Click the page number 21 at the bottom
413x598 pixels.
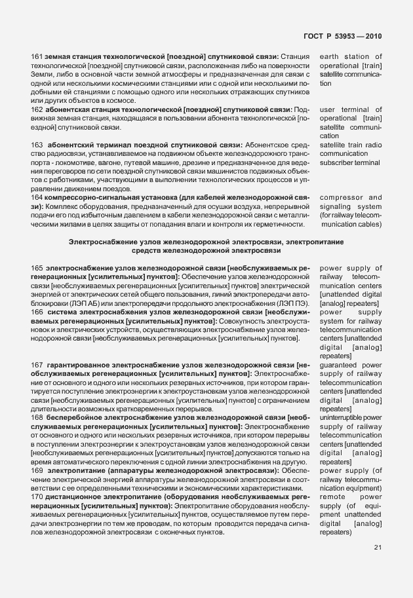click(377, 548)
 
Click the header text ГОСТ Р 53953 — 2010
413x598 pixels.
click(343, 36)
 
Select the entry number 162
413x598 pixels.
click(37, 109)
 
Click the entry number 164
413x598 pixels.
click(37, 197)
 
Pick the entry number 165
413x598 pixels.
click(37, 268)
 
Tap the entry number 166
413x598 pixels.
click(37, 312)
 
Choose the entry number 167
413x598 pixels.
click(37, 365)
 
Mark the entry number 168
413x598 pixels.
click(37, 417)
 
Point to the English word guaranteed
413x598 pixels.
click(339, 365)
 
